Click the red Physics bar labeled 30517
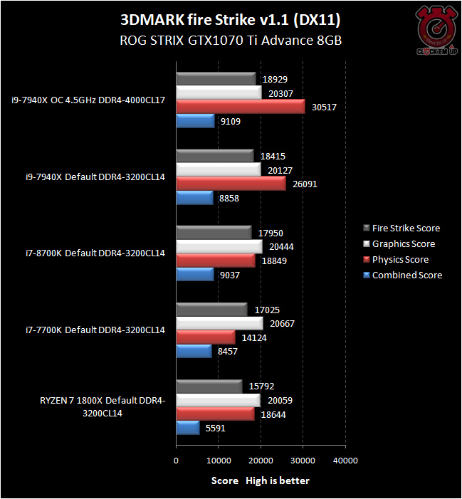pos(241,107)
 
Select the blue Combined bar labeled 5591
pos(188,428)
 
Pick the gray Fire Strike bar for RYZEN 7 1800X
pos(209,385)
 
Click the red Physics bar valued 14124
pos(206,337)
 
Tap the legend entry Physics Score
pos(400,259)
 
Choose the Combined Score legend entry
pos(406,275)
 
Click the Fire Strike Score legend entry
pos(406,228)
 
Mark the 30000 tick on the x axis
pos(303,461)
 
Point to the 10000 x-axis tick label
pos(218,461)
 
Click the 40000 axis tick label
pos(345,461)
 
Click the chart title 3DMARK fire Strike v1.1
pos(230,19)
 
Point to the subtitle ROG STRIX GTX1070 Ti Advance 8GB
pos(230,41)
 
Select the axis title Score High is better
pos(261,480)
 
